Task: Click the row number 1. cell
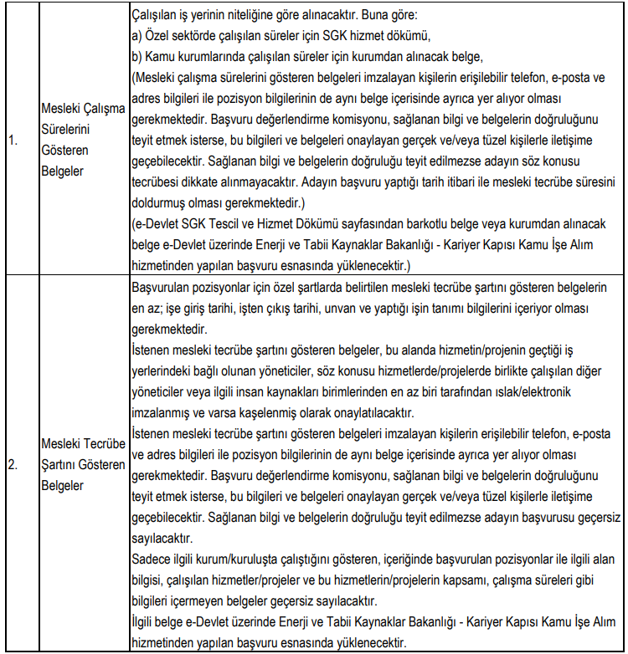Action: click(x=13, y=141)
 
